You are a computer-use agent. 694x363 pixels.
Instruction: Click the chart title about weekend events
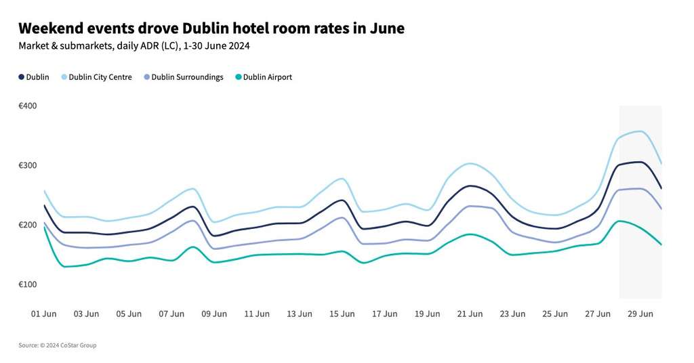(x=211, y=28)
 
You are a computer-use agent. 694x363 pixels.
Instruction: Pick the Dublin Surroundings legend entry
(x=187, y=77)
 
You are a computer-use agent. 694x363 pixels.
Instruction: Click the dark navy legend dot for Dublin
(x=21, y=77)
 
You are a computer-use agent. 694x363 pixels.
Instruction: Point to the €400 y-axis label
(x=28, y=106)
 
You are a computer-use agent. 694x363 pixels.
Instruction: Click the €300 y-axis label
(x=28, y=165)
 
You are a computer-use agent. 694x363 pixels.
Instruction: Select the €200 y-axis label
(x=28, y=225)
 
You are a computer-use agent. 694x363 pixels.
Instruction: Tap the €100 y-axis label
(x=28, y=284)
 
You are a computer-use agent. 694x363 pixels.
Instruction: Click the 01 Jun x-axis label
(x=44, y=314)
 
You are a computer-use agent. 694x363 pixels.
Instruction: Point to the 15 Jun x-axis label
(x=342, y=314)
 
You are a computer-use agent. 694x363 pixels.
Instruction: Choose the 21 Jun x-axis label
(x=470, y=314)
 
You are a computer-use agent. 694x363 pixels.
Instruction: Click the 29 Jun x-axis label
(x=640, y=314)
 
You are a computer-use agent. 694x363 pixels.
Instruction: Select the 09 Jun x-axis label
(x=214, y=314)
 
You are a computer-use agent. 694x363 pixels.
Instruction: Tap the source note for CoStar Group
(x=58, y=345)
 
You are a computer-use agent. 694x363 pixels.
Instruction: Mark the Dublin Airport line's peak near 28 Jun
(x=618, y=221)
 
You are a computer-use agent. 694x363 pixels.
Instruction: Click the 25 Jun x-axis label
(x=555, y=314)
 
